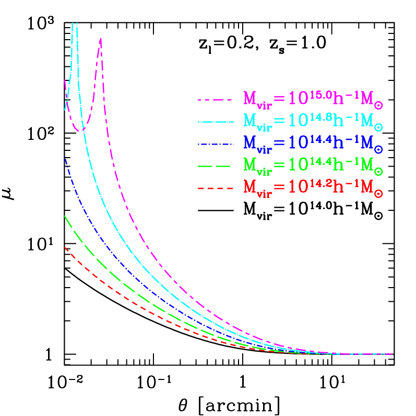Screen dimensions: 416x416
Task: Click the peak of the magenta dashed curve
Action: [100, 38]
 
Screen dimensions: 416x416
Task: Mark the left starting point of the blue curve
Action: [64, 156]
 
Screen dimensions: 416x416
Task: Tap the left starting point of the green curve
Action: [64, 216]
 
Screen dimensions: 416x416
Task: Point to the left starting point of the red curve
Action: [64, 247]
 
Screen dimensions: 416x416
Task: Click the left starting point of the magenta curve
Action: [64, 80]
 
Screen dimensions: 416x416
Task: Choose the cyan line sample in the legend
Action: [214, 122]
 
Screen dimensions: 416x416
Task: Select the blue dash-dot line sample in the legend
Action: [214, 144]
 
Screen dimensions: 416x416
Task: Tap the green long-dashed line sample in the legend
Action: [214, 166]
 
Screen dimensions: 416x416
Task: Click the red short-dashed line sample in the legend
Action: [214, 188]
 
